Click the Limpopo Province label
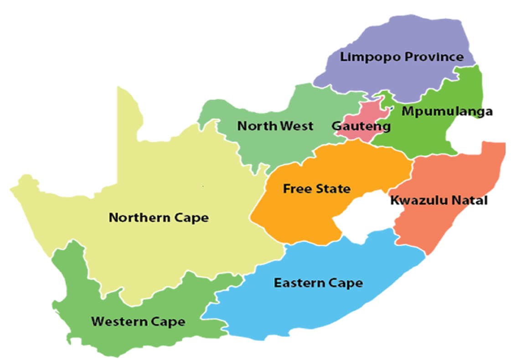pos(402,57)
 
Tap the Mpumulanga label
pos(447,111)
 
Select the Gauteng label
pos(361,126)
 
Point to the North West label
pos(275,126)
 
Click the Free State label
pos(316,188)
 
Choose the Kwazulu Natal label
pos(439,200)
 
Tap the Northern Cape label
pos(158,218)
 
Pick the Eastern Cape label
pos(318,283)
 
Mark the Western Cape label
pos(138,322)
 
